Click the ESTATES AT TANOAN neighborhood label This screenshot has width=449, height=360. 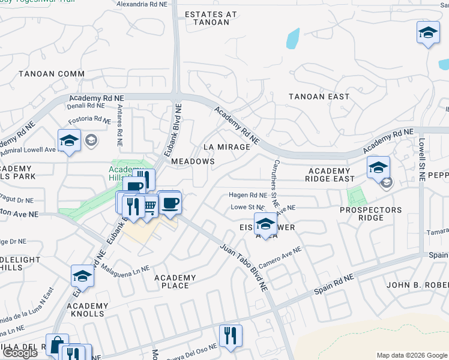pos(207,18)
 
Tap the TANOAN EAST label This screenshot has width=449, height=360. pos(319,97)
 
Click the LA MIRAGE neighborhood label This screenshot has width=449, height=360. pos(226,147)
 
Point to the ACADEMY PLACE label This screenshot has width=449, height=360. pos(175,281)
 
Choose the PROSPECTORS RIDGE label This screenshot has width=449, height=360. pos(370,214)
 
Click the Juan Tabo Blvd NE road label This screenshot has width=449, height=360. pos(243,267)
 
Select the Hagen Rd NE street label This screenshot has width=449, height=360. pos(247,195)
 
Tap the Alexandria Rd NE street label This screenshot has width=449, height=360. pos(142,4)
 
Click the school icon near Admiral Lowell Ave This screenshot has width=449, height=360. pos(69,141)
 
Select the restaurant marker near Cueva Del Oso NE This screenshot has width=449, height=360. pos(230,336)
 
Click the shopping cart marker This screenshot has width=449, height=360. pos(149,206)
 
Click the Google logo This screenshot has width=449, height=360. pos(19,353)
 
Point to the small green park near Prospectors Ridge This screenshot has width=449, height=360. pos(357,196)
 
